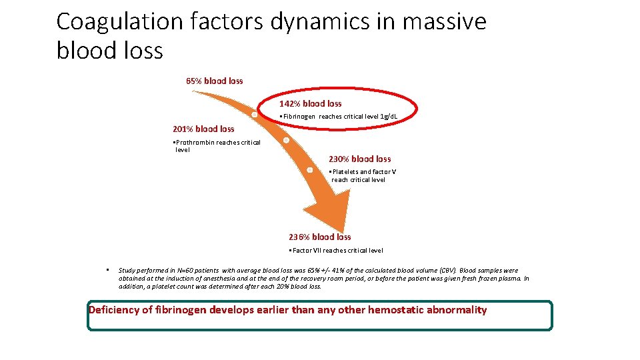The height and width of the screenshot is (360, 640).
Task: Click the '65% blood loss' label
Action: (214, 81)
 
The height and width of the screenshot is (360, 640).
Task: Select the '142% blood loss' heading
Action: (310, 103)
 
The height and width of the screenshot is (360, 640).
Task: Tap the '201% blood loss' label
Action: (203, 129)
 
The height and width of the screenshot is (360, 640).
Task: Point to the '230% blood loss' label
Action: (359, 159)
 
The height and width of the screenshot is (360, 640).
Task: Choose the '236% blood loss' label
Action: (319, 237)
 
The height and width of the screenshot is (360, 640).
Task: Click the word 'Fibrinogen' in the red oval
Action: (299, 117)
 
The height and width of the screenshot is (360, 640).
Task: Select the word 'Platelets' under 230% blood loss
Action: (345, 172)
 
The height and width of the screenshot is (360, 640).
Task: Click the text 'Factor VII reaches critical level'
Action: (337, 251)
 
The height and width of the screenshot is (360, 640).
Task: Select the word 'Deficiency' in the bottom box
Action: (113, 310)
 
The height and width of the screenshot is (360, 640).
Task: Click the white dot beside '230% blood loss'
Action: (310, 170)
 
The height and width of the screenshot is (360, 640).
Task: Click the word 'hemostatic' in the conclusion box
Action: (393, 310)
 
